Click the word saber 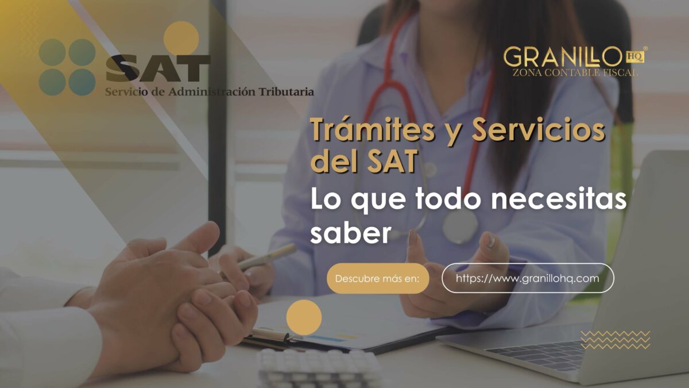(351, 233)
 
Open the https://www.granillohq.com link (528, 278)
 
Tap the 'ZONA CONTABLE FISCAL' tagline (575, 72)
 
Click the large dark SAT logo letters (158, 68)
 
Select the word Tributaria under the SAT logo (287, 92)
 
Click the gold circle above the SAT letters (181, 38)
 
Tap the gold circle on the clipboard (304, 317)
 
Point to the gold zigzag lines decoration (616, 340)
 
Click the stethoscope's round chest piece (459, 226)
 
